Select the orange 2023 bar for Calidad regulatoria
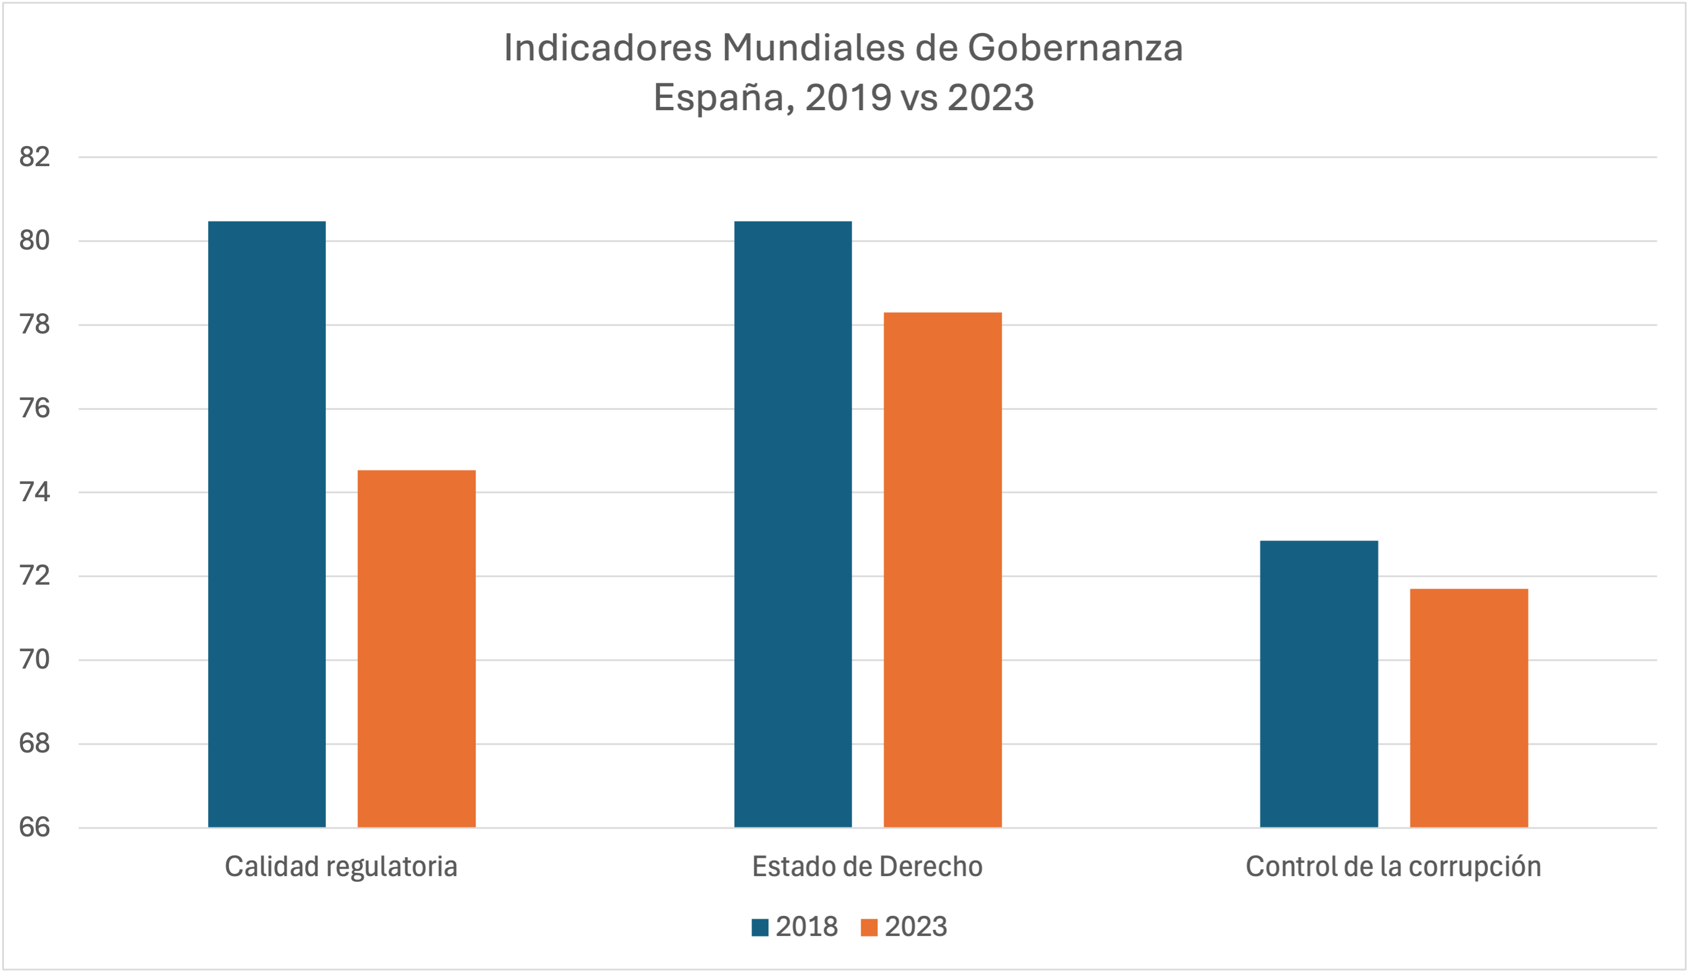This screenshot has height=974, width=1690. tap(416, 648)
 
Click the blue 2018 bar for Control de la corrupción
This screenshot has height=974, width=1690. tap(1318, 684)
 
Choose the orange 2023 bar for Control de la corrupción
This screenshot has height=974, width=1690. tap(1468, 708)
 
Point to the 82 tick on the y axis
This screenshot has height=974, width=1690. tap(35, 157)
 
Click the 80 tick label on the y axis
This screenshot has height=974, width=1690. tap(35, 241)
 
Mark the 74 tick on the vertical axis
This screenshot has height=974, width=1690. tap(35, 492)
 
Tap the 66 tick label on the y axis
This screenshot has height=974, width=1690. tap(35, 827)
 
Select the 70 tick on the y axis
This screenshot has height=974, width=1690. tap(35, 660)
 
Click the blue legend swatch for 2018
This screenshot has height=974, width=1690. tap(759, 927)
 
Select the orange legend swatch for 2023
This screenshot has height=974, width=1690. tap(869, 927)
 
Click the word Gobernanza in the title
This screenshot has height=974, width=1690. tap(1075, 48)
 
